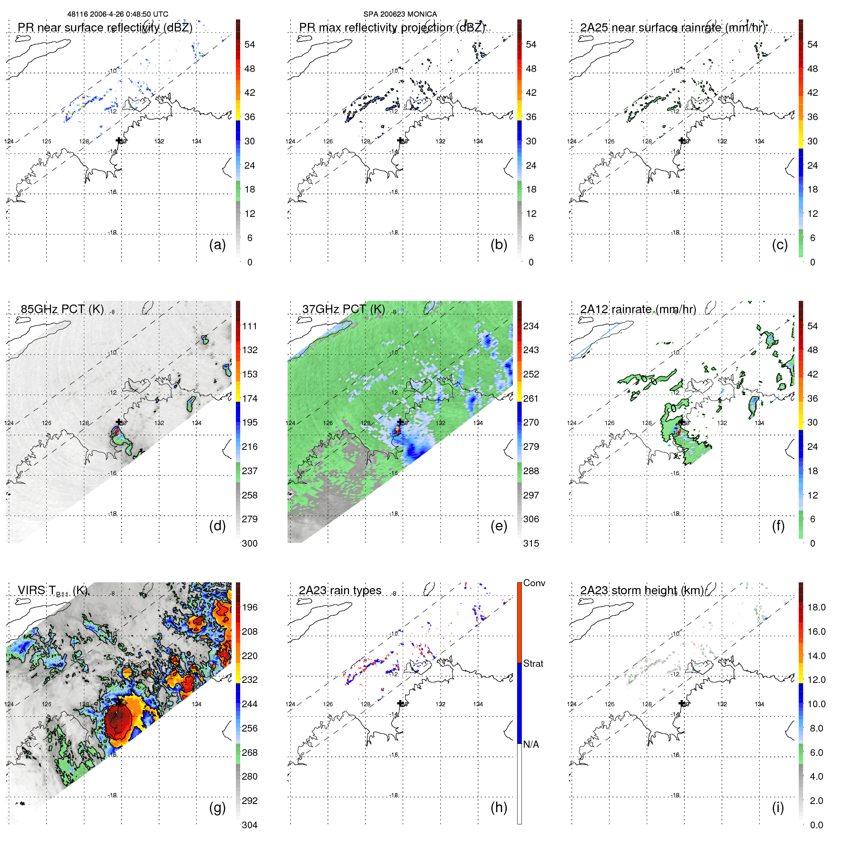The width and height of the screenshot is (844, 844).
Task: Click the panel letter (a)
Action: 217,245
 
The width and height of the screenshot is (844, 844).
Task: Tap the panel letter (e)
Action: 498,526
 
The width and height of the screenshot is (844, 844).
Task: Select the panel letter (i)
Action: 778,807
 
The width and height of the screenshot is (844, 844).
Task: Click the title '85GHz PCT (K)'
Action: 62,309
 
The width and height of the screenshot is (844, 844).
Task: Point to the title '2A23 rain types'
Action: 340,590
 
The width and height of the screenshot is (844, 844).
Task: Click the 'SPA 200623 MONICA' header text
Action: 400,14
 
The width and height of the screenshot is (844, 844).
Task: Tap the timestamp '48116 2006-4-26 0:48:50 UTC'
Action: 118,14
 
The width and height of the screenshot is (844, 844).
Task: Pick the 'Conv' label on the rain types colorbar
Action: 534,583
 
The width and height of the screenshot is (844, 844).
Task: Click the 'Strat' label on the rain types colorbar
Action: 533,663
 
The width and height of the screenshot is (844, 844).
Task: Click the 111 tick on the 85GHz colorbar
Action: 249,326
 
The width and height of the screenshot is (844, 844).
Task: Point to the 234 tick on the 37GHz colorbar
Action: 531,326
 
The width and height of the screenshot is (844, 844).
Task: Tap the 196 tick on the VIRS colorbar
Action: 249,607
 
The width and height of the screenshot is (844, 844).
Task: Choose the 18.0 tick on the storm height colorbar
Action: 816,607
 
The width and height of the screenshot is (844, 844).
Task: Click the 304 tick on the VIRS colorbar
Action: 249,825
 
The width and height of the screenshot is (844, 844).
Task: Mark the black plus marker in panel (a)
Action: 119,140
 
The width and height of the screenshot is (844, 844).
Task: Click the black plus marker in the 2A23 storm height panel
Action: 682,703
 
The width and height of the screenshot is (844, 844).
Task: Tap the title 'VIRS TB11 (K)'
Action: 52,591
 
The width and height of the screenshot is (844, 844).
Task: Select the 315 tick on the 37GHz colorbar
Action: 531,543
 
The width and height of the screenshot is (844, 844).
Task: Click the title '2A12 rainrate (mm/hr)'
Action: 638,309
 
